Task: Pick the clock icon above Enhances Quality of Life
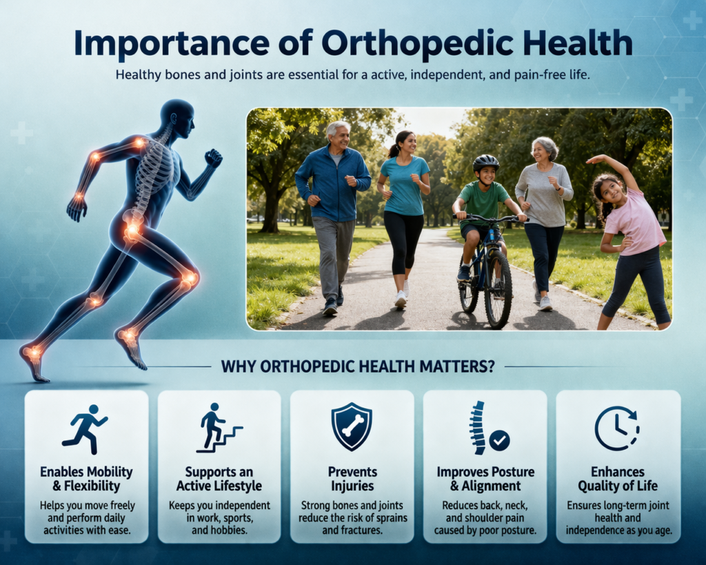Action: (x=616, y=428)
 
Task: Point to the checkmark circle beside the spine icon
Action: (x=498, y=439)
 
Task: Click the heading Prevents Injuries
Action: (x=352, y=479)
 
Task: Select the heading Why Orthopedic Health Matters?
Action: (x=357, y=366)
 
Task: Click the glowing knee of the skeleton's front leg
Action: (x=188, y=279)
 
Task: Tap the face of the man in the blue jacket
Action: (x=340, y=137)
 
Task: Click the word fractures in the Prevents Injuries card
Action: (x=362, y=531)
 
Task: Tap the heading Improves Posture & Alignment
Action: (x=485, y=479)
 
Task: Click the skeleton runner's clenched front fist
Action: (x=213, y=158)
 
